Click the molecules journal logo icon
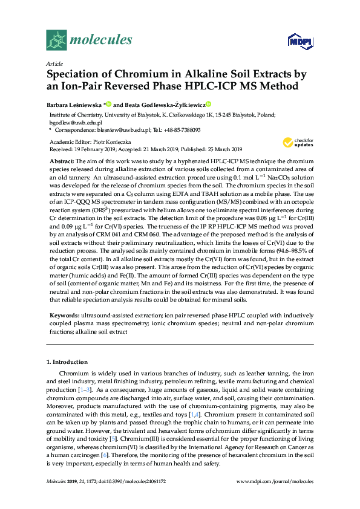click(x=56, y=40)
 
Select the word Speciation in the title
click(x=73, y=75)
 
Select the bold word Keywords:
click(x=63, y=316)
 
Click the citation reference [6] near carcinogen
click(x=105, y=453)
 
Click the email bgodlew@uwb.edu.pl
click(x=67, y=122)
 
